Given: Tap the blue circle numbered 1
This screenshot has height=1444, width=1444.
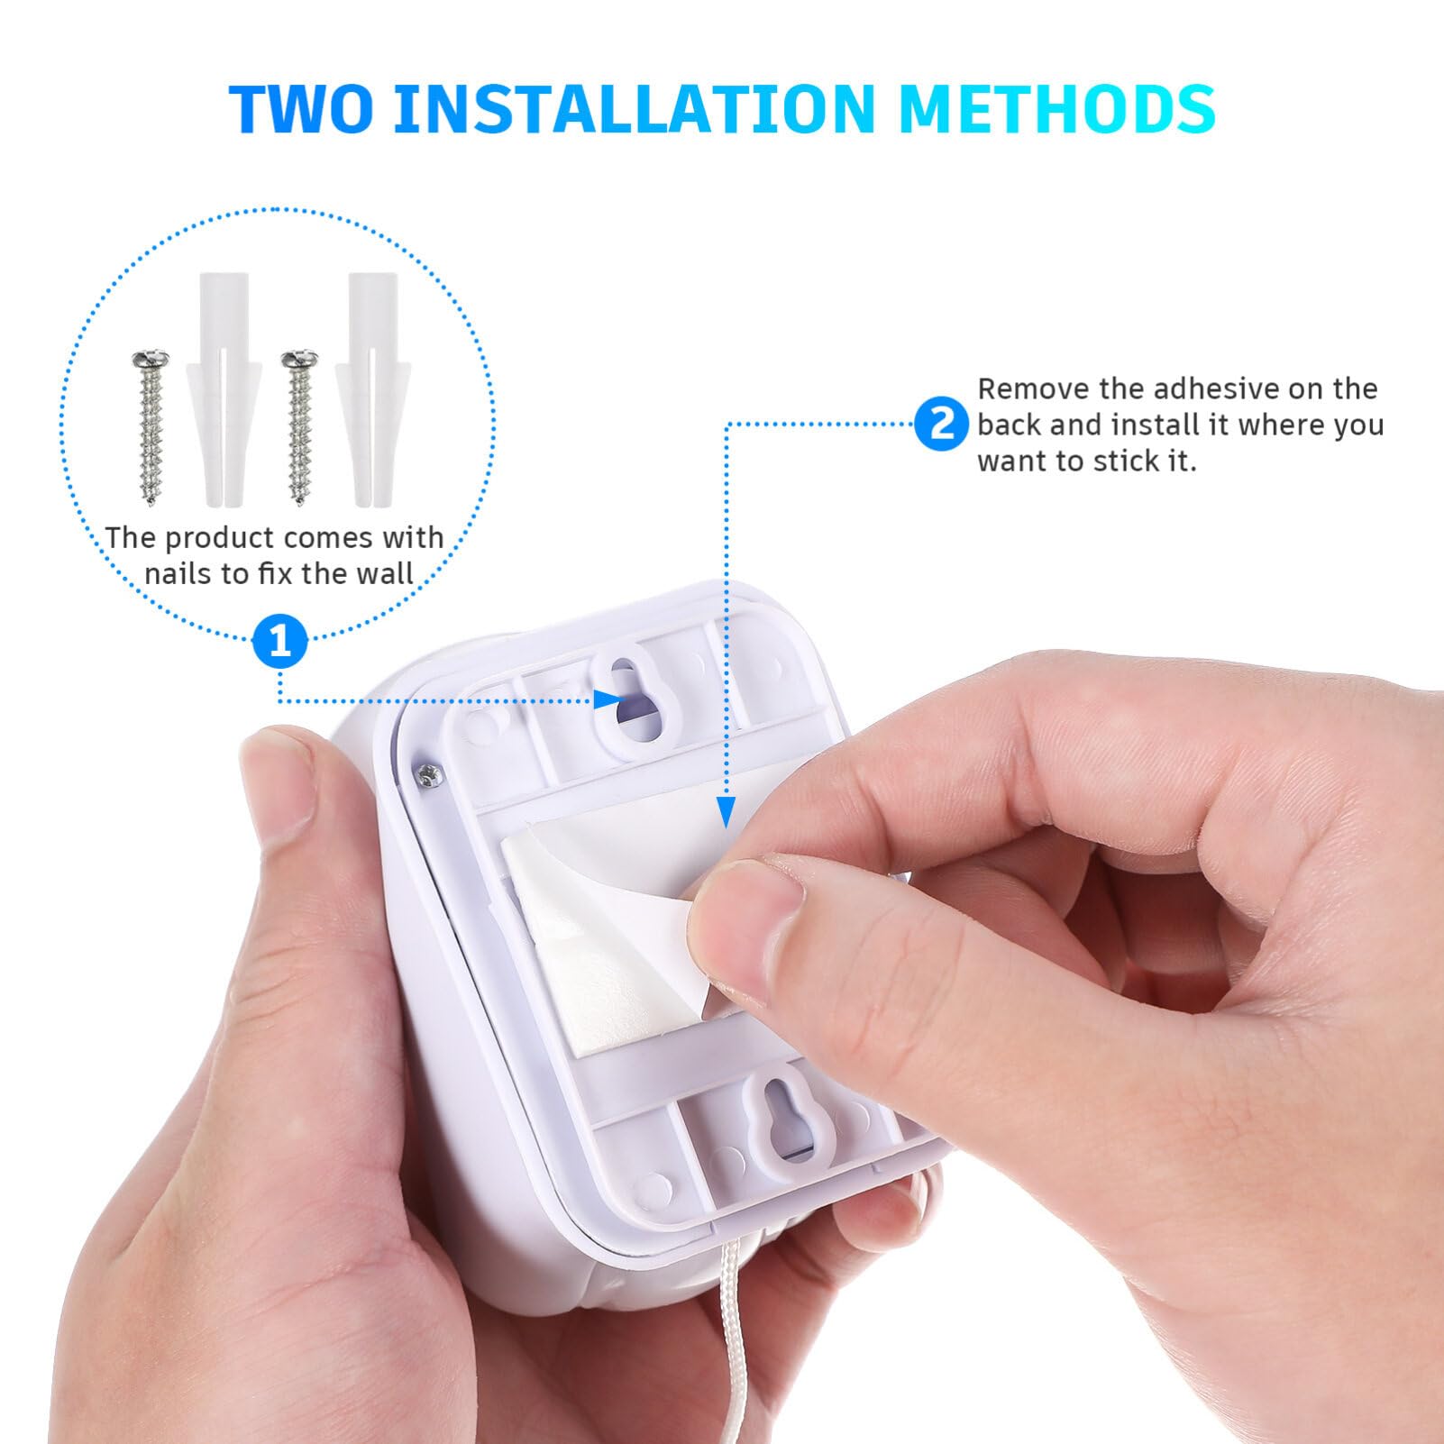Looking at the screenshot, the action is (x=280, y=642).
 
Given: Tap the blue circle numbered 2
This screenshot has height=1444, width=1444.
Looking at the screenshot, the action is (x=942, y=423).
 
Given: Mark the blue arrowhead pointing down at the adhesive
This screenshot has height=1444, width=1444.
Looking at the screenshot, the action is (x=726, y=811).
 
